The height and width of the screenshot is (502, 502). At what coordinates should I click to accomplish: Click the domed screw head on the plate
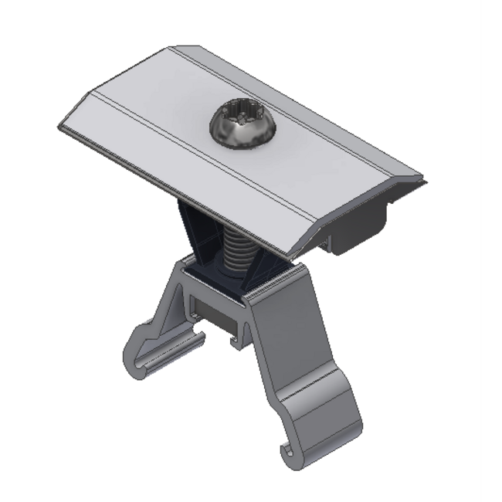click(x=240, y=127)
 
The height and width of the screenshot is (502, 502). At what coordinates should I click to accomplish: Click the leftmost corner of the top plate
click(x=59, y=127)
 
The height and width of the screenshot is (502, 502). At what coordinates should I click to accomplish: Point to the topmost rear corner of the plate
click(x=171, y=48)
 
